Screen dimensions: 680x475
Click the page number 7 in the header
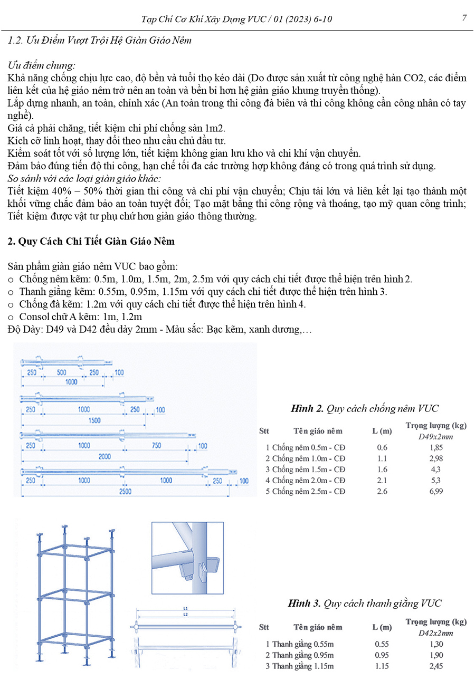(x=464, y=18)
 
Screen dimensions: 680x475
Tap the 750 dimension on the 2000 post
(x=156, y=446)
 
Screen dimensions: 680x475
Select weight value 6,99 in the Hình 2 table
(x=435, y=492)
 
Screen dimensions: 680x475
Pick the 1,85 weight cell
(x=435, y=447)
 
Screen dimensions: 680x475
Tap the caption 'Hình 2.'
(x=307, y=408)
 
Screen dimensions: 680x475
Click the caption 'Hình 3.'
(x=303, y=603)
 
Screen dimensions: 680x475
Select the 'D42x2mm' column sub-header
(x=436, y=633)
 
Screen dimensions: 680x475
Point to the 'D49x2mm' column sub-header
(x=436, y=437)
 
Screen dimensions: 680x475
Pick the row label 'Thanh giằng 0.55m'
(x=303, y=644)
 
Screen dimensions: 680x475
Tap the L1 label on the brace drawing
(x=186, y=608)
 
